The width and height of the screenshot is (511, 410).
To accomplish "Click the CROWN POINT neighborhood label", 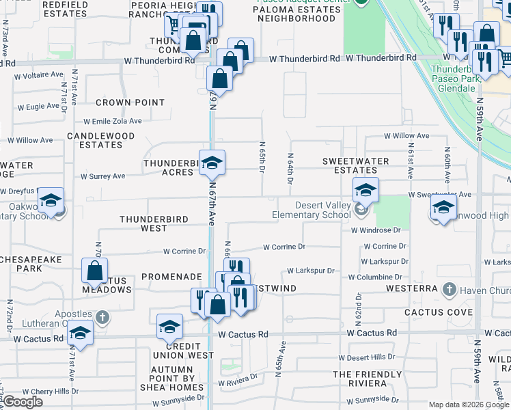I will click(130, 102).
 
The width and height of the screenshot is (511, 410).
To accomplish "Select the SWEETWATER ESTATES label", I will click(355, 165).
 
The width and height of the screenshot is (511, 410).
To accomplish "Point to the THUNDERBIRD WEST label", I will click(153, 223).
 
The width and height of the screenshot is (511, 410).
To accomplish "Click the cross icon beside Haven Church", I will click(449, 290).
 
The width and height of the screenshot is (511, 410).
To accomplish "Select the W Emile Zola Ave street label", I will click(114, 121).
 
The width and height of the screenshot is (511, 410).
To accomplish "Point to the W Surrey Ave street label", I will click(102, 176).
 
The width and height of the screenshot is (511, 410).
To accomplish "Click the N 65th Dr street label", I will click(262, 158).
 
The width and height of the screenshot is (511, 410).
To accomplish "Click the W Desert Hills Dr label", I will click(367, 358).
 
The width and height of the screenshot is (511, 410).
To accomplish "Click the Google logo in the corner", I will click(23, 402).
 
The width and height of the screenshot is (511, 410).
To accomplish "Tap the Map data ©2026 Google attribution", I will click(468, 405).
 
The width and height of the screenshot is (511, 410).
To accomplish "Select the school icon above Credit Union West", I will click(169, 327).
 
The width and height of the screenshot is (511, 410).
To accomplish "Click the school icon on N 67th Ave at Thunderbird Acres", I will click(212, 163).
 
